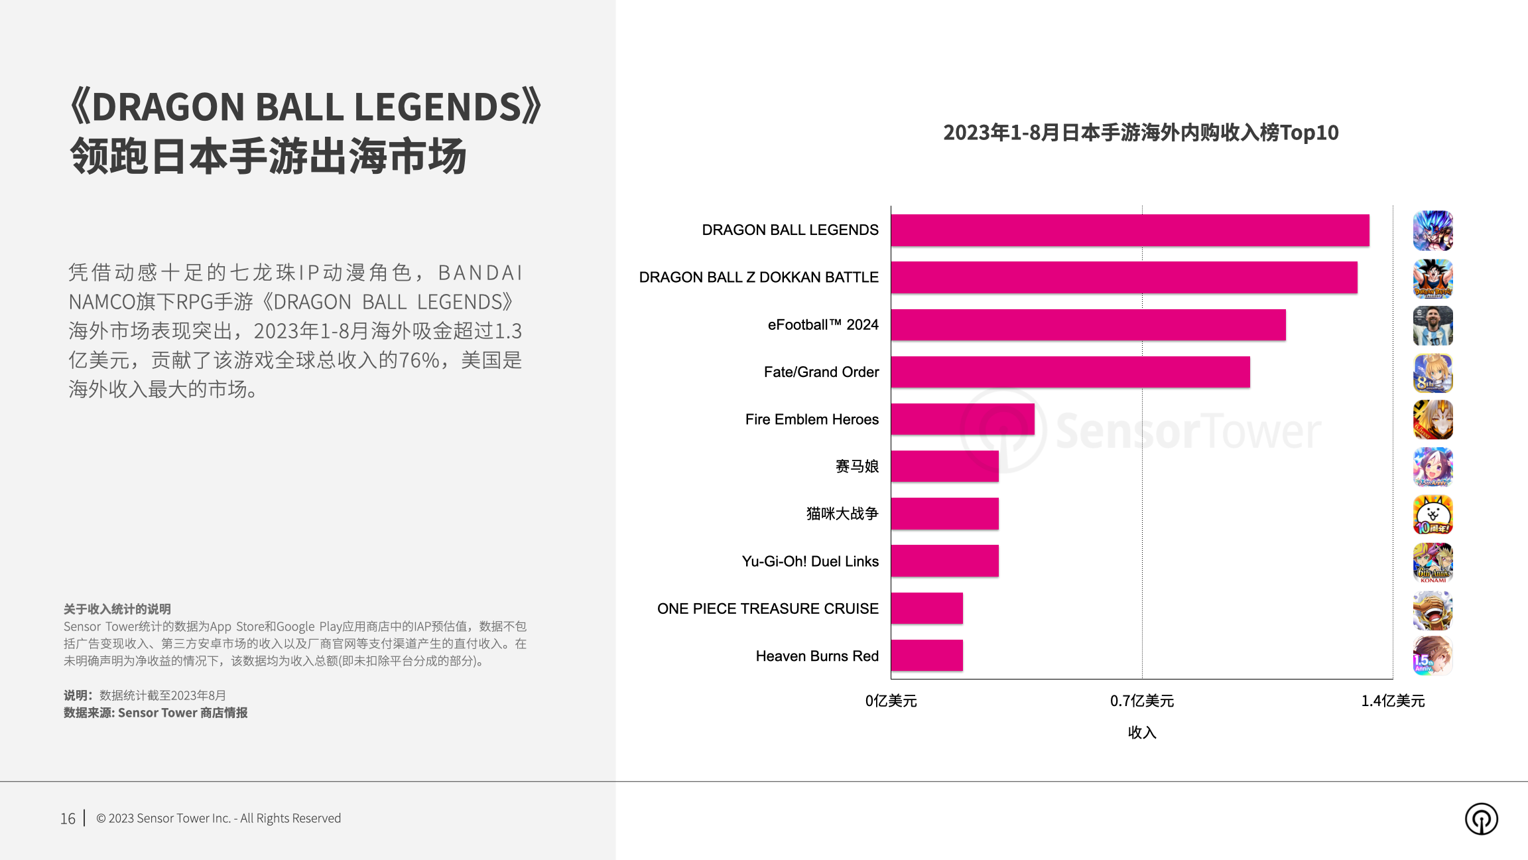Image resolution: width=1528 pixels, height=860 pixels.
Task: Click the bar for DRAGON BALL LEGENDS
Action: [1129, 230]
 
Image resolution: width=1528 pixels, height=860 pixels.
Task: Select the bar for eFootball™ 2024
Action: [1088, 324]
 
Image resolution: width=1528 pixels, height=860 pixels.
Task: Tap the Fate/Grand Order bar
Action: [1070, 372]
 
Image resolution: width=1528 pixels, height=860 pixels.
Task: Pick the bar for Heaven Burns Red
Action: [926, 656]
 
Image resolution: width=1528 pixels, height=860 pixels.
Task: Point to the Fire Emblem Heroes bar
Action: [962, 419]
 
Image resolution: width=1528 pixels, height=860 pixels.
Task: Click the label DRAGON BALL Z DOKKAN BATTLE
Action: [759, 277]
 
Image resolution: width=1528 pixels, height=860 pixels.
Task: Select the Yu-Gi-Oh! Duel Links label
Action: [810, 561]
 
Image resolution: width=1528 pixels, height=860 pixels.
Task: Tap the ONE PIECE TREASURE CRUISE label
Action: [767, 609]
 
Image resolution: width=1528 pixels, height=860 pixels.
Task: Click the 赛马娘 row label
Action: [857, 466]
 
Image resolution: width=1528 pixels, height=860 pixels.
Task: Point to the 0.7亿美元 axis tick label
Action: [1141, 701]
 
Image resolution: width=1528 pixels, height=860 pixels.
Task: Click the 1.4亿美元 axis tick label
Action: [1392, 701]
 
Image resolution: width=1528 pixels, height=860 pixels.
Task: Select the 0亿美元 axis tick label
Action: [891, 701]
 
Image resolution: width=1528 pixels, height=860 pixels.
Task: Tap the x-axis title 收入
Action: [1141, 733]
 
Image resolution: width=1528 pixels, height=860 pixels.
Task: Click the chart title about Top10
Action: [1141, 133]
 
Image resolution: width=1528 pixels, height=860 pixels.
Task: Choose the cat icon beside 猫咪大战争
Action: [1432, 514]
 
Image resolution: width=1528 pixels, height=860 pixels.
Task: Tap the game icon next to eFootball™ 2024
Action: [1432, 325]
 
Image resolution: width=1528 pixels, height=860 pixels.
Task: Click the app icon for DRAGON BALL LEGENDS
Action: [1432, 230]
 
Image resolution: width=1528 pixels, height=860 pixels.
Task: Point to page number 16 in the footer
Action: [68, 818]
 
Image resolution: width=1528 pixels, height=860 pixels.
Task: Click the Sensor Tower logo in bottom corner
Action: [1481, 818]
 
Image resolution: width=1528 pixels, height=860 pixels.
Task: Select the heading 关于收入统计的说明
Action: [117, 609]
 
